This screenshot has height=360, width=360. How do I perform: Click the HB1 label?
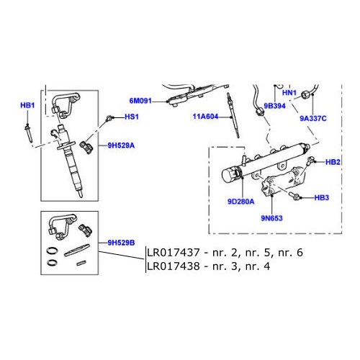[x=27, y=106]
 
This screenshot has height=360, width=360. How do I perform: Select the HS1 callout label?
[x=131, y=117]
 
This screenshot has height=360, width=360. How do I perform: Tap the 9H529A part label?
[x=122, y=145]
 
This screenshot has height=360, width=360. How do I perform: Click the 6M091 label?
[x=140, y=102]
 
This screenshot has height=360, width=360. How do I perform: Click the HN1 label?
[x=289, y=94]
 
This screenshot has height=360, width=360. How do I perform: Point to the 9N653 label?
[x=270, y=217]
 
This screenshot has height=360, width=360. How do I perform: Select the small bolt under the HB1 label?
[x=28, y=132]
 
